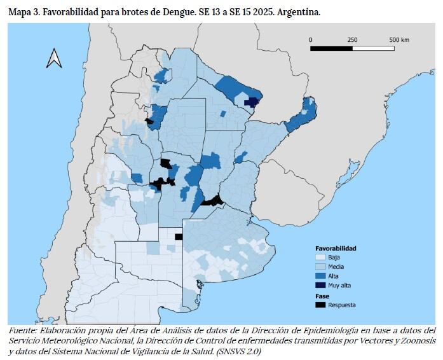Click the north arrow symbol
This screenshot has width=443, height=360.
pos(54,59)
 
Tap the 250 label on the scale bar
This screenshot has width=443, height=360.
pos(352,39)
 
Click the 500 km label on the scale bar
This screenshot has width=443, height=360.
pos(399,39)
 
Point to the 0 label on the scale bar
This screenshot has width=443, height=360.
pos(311,39)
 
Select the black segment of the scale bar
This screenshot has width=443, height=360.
pos(331,48)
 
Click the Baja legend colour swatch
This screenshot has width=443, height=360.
pos(322,257)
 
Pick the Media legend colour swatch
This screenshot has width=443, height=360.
pos(322,267)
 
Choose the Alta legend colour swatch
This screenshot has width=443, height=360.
pos(322,276)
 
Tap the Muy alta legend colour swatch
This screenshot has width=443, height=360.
pos(322,286)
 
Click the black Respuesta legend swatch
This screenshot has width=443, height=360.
pos(322,305)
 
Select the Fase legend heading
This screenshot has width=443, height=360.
pos(322,296)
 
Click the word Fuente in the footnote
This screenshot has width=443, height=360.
pos(24,331)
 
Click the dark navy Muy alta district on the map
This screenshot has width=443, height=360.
pos(253,102)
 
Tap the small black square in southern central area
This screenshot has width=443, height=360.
pos(179,237)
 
